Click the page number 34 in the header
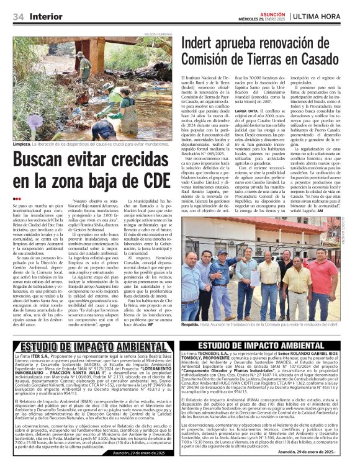click(19, 16)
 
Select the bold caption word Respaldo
click(193, 324)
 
